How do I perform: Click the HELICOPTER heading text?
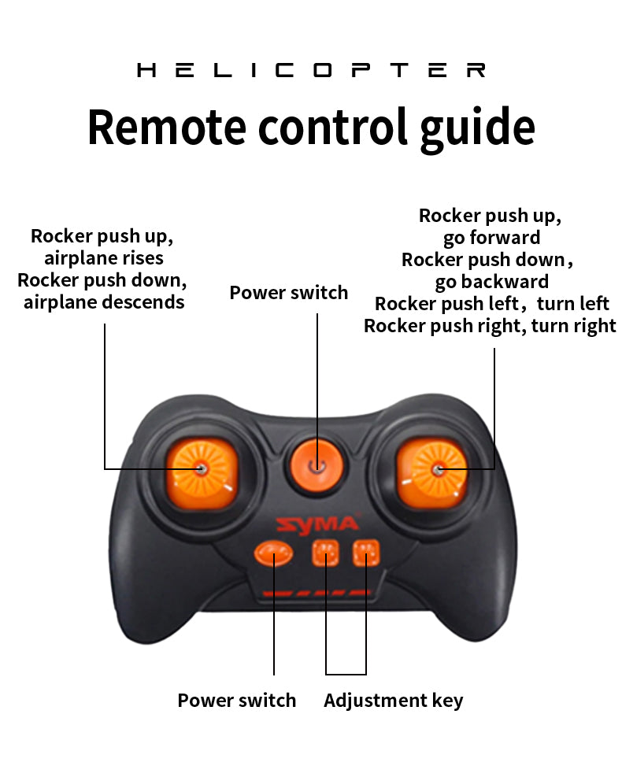coord(311,70)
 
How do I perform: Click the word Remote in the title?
coord(167,127)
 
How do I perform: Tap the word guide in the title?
coord(478,130)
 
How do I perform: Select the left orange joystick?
coord(202,474)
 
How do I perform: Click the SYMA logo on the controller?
coord(317,524)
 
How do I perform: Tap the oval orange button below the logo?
coord(273,553)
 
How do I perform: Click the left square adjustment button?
coord(326,553)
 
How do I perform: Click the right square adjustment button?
coord(366,553)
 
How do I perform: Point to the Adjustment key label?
coord(394,701)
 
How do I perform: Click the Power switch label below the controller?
coord(237,701)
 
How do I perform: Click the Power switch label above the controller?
coord(288,292)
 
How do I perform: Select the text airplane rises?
coord(104,258)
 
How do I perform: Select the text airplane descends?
coord(104,302)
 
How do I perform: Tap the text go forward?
coord(491,238)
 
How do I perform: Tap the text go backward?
coord(491,282)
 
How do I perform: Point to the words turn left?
coord(573,303)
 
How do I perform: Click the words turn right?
coord(573,326)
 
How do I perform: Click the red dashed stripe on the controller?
coord(317,593)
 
